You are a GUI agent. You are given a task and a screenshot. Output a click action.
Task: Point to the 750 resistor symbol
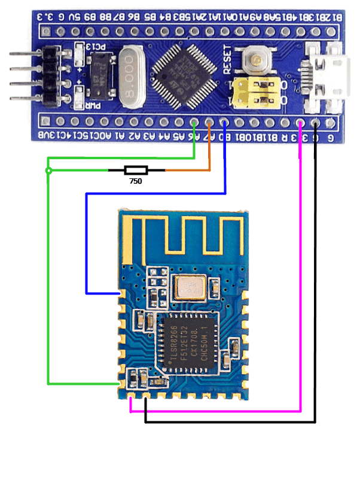136,170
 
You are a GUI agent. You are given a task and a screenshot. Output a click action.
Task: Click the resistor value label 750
136,180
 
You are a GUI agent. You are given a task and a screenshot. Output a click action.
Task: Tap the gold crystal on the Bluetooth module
190,287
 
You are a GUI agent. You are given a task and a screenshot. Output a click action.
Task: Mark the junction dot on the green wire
48,171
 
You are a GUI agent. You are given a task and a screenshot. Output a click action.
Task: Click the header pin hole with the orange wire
209,124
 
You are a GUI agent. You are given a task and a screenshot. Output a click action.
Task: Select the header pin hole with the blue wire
224,124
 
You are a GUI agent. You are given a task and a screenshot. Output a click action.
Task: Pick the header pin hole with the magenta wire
300,124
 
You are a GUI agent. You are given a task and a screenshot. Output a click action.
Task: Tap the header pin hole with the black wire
315,124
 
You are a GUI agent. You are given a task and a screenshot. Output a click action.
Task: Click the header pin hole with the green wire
195,124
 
